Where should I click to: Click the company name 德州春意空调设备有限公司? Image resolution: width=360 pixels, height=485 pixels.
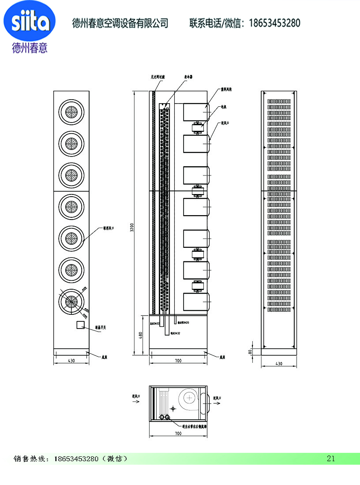coord(120,23)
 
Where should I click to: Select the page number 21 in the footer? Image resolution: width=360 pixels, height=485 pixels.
coord(331,459)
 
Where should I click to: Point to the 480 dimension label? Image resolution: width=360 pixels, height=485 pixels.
coord(140,335)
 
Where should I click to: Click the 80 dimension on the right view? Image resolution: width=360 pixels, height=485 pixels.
coord(250,351)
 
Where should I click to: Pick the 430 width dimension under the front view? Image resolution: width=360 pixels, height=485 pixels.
coord(71,361)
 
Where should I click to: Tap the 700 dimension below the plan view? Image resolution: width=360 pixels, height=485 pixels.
coord(178,434)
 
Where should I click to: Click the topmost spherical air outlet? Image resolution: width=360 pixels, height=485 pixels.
coord(71,113)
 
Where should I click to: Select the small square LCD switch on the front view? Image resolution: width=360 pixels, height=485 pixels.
coord(81,325)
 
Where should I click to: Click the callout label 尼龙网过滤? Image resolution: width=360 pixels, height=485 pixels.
coord(157,77)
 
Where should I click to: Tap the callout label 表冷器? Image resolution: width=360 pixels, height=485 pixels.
coord(188,77)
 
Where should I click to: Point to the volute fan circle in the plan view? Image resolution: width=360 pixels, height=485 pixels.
coord(190,398)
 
